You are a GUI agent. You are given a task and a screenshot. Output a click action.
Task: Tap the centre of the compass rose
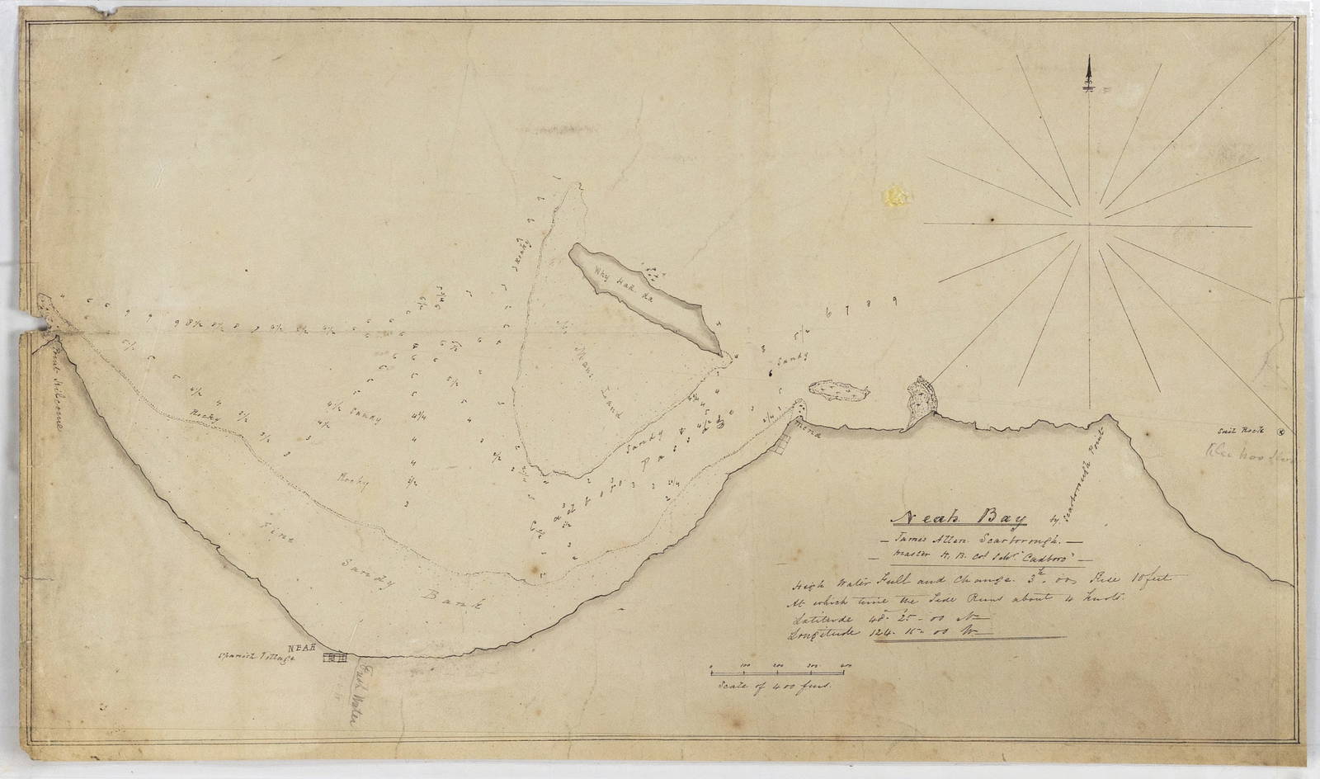coord(1090,221)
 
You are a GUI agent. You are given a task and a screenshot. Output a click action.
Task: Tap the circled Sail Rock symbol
coord(1280,430)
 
